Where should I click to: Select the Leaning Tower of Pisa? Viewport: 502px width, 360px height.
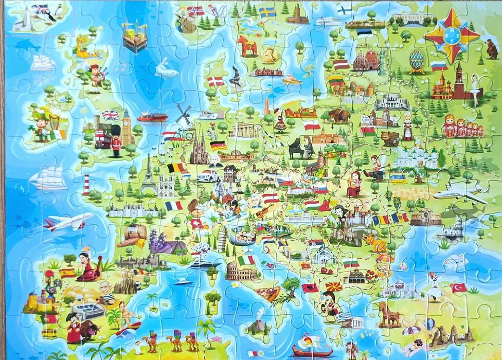[222, 240]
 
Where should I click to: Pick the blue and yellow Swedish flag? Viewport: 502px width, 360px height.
[266, 12]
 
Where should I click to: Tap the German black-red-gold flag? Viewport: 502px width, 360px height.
[218, 145]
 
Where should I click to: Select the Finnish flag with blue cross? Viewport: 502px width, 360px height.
[344, 10]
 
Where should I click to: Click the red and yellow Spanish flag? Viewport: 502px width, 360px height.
[67, 273]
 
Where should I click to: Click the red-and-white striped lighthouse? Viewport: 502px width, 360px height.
[86, 184]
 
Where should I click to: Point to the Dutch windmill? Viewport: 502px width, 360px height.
[184, 115]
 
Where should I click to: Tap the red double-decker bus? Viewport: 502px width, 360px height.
[101, 138]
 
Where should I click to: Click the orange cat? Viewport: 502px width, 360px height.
[375, 242]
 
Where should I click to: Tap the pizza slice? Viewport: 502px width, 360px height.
[267, 294]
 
